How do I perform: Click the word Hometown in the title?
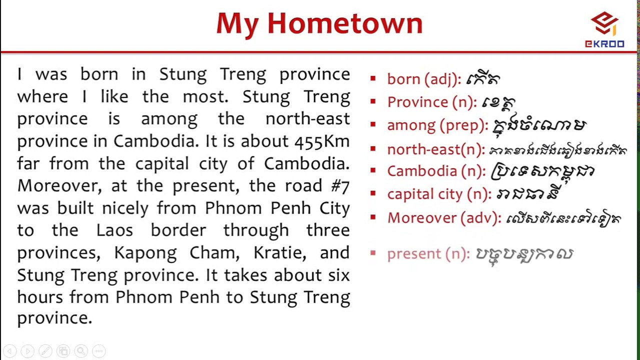click(x=345, y=23)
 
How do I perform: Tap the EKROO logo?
click(x=604, y=30)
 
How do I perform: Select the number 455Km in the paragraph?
click(x=322, y=141)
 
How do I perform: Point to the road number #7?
click(x=340, y=186)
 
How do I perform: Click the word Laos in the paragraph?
click(x=114, y=230)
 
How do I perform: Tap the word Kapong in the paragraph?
click(x=145, y=253)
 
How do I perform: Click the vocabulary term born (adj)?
click(x=424, y=79)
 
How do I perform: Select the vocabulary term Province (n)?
click(x=432, y=102)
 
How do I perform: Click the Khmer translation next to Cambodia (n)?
click(x=542, y=171)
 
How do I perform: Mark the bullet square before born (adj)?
click(x=373, y=78)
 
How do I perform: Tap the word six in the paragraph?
click(x=339, y=275)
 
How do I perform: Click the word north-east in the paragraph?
click(x=307, y=119)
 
